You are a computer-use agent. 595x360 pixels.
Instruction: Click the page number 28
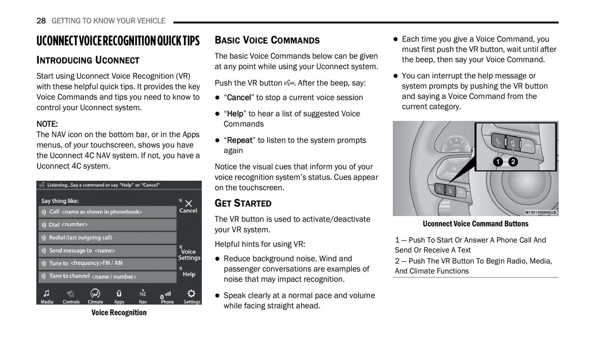point(41,21)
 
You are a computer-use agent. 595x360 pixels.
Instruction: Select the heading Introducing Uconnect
point(88,60)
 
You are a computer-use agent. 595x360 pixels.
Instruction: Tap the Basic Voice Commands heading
point(267,40)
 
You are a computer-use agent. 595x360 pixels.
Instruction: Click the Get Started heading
point(243,203)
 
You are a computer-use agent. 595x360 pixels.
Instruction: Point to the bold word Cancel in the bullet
point(239,98)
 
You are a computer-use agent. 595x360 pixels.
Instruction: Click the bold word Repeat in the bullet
point(240,140)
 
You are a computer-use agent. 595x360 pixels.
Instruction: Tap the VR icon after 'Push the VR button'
point(289,83)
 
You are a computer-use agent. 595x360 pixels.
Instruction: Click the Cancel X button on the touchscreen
point(188,204)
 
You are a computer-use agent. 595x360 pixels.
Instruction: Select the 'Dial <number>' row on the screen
point(107,225)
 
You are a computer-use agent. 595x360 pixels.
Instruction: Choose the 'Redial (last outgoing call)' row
point(107,238)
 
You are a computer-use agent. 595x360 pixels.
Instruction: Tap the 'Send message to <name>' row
point(107,251)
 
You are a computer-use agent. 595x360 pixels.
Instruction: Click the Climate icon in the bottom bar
point(95,294)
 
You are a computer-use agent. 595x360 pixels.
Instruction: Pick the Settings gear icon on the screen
point(191,294)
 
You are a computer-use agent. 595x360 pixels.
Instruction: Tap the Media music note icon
point(47,294)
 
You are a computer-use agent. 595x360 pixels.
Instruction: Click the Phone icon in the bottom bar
point(167,295)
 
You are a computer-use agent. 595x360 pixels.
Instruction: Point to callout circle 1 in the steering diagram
point(498,162)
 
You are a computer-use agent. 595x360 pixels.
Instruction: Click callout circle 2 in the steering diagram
point(513,162)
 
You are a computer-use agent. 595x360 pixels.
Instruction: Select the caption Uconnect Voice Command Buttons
point(475,224)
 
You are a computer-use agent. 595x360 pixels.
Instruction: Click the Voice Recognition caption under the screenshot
point(119,313)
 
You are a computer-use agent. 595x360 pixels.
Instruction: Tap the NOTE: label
point(47,124)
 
